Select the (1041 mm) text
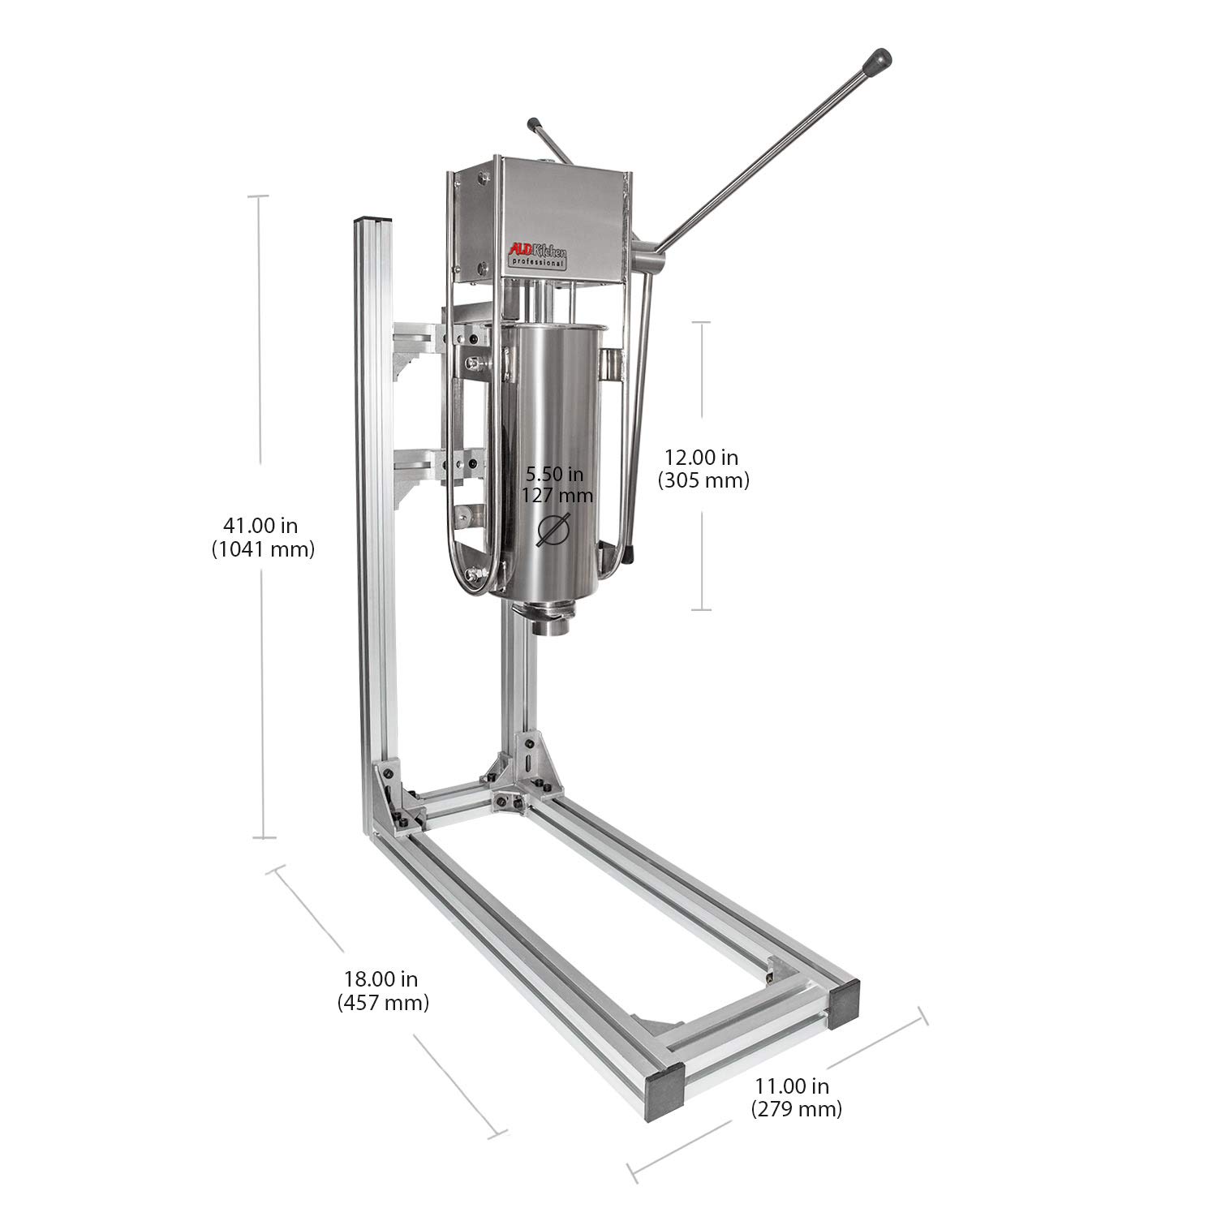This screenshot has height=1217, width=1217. point(262,549)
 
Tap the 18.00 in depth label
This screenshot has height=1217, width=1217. point(382,979)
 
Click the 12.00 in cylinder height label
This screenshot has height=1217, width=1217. point(702,458)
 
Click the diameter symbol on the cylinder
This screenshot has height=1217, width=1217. point(555,529)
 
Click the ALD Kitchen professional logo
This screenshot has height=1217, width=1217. point(536,258)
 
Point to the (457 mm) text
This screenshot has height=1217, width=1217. point(382,1002)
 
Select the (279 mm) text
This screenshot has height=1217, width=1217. point(795,1107)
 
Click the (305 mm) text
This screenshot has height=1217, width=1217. point(703,480)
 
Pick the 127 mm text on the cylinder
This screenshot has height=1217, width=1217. point(557,494)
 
